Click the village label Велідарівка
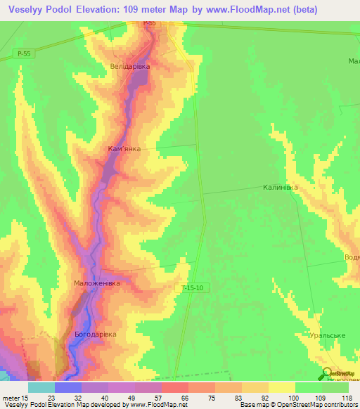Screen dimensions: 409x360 [130, 66]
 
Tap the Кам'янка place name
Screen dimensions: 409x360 [124, 149]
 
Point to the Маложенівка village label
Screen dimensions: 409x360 [97, 283]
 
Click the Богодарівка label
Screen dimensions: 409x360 [95, 334]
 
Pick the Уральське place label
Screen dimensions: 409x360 [326, 336]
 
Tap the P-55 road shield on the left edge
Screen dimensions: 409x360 [23, 53]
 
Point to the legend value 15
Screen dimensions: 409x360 [25, 397]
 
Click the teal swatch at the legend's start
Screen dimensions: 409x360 [41, 387]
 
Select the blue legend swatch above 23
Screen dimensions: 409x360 [67, 387]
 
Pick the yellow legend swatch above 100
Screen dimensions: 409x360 [281, 387]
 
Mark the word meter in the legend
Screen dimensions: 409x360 [11, 397]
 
